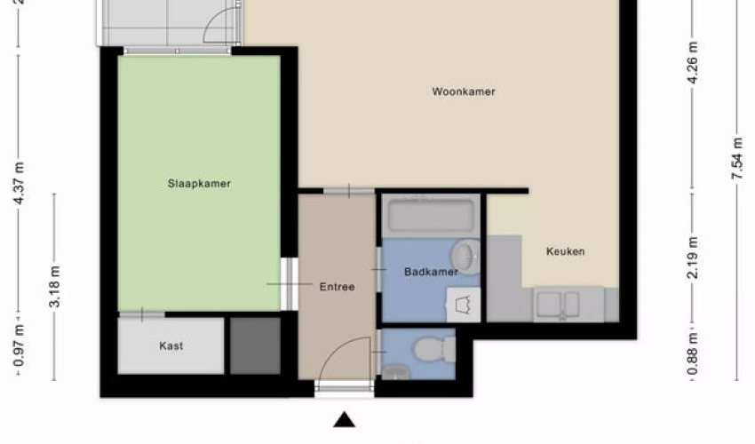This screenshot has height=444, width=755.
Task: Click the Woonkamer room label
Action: pyautogui.click(x=463, y=91)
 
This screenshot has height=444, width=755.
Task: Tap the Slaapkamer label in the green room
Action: pyautogui.click(x=199, y=184)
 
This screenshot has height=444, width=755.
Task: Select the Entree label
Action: pyautogui.click(x=337, y=287)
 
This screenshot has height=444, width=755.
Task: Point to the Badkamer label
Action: pyautogui.click(x=432, y=272)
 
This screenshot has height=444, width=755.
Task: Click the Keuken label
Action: pyautogui.click(x=565, y=251)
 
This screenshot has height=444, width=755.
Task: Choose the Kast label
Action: pyautogui.click(x=171, y=345)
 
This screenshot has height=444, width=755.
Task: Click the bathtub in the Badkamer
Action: pyautogui.click(x=432, y=216)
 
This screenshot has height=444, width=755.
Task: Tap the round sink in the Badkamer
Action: pyautogui.click(x=466, y=257)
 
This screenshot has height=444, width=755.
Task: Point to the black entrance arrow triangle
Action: pyautogui.click(x=345, y=420)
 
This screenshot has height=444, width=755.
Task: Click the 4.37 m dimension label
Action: pyautogui.click(x=20, y=184)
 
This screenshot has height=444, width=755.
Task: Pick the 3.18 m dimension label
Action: pyautogui.click(x=54, y=287)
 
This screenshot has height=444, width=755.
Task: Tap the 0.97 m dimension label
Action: pyautogui.click(x=20, y=345)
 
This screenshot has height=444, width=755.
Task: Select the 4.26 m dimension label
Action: pyautogui.click(x=693, y=63)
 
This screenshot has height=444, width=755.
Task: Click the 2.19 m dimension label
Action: pyautogui.click(x=693, y=258)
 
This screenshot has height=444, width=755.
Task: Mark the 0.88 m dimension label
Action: pyautogui.click(x=693, y=354)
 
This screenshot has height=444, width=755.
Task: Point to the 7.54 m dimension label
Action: pyautogui.click(x=737, y=159)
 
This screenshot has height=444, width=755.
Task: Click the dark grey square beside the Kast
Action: pyautogui.click(x=255, y=345)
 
